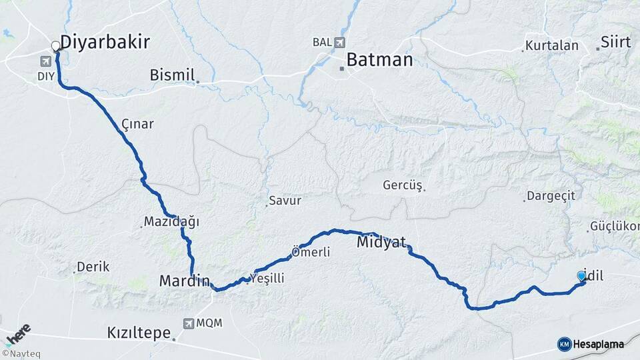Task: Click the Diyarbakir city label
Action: click(105, 42)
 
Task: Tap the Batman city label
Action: click(379, 60)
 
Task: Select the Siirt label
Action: click(615, 42)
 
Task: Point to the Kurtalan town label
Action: click(551, 46)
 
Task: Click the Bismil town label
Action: click(172, 75)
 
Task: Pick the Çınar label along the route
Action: click(137, 124)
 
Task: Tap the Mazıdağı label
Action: click(171, 221)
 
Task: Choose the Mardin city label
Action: click(184, 281)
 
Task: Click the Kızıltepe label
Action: click(139, 333)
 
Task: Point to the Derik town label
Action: click(93, 267)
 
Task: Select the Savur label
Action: click(285, 200)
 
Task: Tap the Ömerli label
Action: click(311, 253)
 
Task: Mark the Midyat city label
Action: click(381, 242)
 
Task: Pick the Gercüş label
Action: click(403, 185)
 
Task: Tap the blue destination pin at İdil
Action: click(581, 276)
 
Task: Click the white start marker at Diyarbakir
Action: click(56, 46)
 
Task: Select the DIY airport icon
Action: click(46, 62)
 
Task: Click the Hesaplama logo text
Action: click(599, 344)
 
